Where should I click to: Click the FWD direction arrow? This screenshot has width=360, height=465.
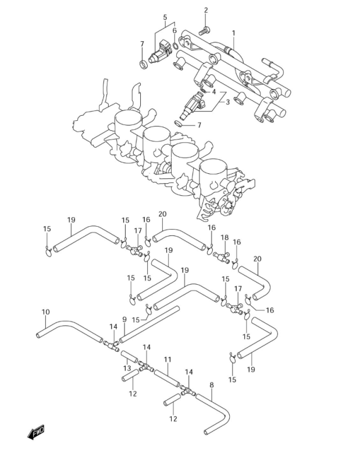(35, 432)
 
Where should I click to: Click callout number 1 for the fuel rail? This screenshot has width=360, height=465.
(234, 33)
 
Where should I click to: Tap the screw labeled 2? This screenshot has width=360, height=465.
(204, 31)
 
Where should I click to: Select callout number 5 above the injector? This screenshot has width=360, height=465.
(165, 17)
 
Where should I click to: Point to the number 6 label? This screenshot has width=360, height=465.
(174, 30)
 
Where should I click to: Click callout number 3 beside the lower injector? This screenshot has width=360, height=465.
(227, 102)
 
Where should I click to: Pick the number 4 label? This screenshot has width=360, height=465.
(213, 92)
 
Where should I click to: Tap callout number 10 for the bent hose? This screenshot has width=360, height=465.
(46, 312)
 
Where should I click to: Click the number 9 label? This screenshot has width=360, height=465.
(124, 319)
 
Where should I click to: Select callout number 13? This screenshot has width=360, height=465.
(127, 369)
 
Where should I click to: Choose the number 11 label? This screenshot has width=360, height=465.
(167, 360)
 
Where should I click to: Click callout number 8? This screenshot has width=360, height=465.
(211, 385)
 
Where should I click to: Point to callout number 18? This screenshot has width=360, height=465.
(224, 238)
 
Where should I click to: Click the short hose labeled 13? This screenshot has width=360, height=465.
(129, 356)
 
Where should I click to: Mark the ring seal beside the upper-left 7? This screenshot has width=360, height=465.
(143, 64)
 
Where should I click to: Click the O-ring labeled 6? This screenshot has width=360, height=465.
(176, 46)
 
